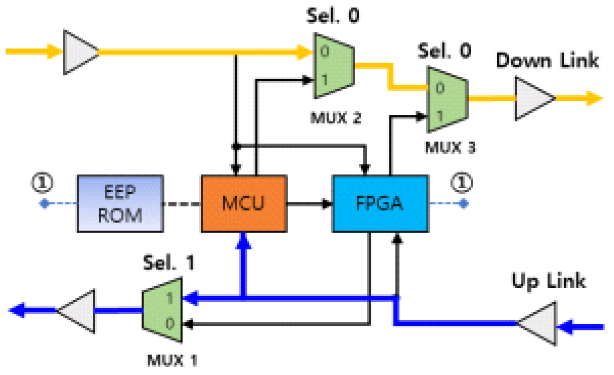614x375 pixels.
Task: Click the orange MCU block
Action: pyautogui.click(x=244, y=203)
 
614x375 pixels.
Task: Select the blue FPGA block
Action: pyautogui.click(x=379, y=203)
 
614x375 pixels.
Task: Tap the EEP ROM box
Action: pyautogui.click(x=119, y=203)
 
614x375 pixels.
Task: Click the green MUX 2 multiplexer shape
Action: pyautogui.click(x=333, y=66)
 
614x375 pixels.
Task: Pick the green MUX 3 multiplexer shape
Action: pyautogui.click(x=447, y=98)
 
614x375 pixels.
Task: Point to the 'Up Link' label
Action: pyautogui.click(x=548, y=280)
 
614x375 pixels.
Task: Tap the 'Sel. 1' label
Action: pyautogui.click(x=169, y=262)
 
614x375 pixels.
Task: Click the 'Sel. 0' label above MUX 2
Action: pyautogui.click(x=333, y=15)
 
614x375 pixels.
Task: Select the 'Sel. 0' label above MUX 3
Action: pyautogui.click(x=445, y=50)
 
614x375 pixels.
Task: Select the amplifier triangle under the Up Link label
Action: pyautogui.click(x=539, y=324)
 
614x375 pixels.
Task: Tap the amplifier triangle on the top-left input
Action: pyautogui.click(x=81, y=51)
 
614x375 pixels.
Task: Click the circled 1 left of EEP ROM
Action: pyautogui.click(x=44, y=182)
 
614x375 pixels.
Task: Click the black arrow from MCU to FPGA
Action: pyautogui.click(x=309, y=203)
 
